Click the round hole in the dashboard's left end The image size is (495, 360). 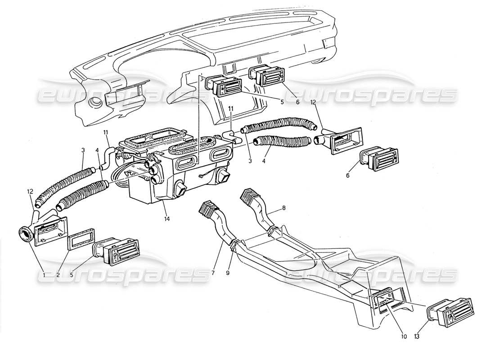[95, 103]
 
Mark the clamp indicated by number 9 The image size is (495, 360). [234, 245]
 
